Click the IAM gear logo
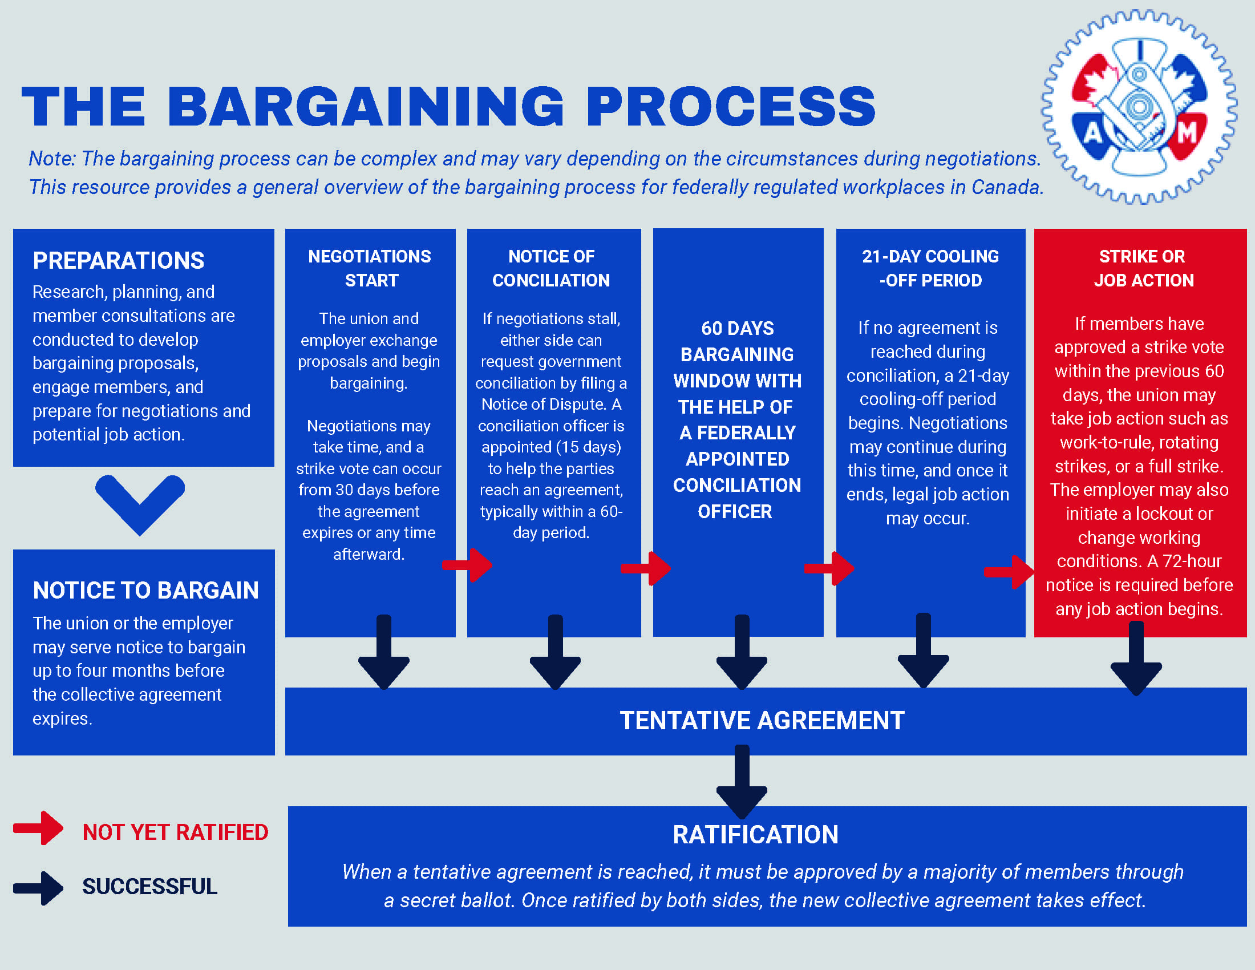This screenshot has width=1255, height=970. pyautogui.click(x=1139, y=107)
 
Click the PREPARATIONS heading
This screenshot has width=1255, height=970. pyautogui.click(x=119, y=261)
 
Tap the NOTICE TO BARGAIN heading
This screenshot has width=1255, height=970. pyautogui.click(x=146, y=591)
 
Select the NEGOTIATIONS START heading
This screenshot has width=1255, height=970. pyautogui.click(x=370, y=268)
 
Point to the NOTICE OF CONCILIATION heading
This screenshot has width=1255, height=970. pyautogui.click(x=551, y=268)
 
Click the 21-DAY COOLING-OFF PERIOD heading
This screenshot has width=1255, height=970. pyautogui.click(x=930, y=268)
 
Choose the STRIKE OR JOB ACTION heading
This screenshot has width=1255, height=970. pyautogui.click(x=1143, y=268)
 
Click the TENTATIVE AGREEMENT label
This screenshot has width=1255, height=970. pyautogui.click(x=762, y=721)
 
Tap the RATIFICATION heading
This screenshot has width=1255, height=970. pyautogui.click(x=756, y=835)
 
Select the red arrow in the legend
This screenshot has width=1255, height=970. pyautogui.click(x=38, y=828)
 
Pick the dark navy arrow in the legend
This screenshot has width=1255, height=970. pyautogui.click(x=38, y=888)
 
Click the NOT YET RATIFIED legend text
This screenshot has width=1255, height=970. pyautogui.click(x=175, y=832)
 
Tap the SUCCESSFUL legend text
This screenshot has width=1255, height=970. pyautogui.click(x=150, y=887)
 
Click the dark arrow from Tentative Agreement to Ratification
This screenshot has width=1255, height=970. pyautogui.click(x=742, y=782)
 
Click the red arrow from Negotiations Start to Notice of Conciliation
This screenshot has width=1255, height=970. pyautogui.click(x=468, y=565)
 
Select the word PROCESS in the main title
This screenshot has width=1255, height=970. pyautogui.click(x=731, y=106)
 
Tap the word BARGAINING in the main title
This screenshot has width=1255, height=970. pyautogui.click(x=366, y=106)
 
